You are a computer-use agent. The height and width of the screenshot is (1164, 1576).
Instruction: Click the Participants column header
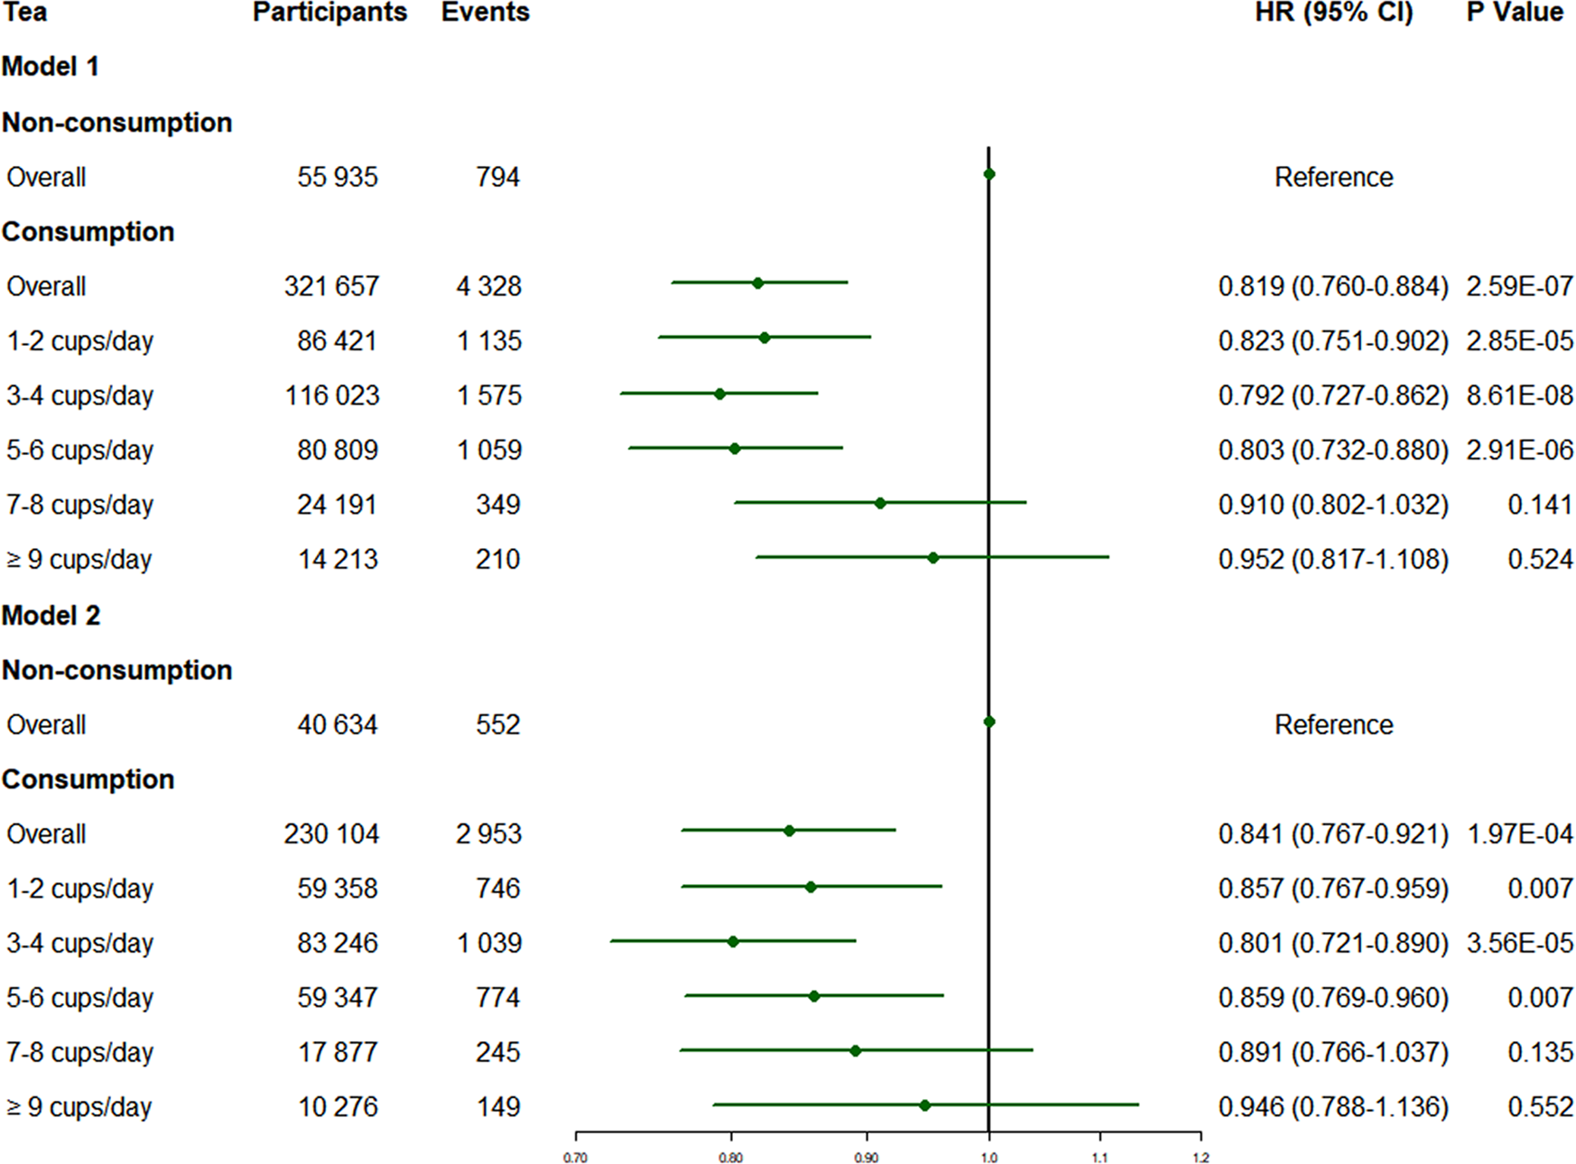click(329, 13)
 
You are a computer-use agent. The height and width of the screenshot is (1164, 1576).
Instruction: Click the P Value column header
click(1514, 13)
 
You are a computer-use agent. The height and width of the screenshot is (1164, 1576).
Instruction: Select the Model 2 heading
click(51, 616)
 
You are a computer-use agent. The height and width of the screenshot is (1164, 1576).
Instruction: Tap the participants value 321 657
click(331, 287)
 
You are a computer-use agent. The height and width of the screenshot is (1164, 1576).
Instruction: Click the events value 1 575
click(488, 396)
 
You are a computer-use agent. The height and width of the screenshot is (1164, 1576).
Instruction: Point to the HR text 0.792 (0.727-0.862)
click(1332, 396)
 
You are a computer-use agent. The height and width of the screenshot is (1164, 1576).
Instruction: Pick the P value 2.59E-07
click(1519, 287)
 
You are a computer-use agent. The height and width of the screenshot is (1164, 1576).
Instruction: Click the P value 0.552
click(1540, 1107)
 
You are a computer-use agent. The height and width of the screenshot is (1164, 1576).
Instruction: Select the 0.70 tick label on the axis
click(575, 1158)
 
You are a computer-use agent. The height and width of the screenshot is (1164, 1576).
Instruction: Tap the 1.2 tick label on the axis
click(1201, 1158)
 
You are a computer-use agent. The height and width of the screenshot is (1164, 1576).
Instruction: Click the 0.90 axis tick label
click(867, 1158)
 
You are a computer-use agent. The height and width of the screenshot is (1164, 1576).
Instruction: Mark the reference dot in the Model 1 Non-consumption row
click(989, 174)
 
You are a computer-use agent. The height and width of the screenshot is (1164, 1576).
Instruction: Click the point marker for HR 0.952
click(933, 558)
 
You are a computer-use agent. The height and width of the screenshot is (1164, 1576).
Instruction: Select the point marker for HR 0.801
click(733, 942)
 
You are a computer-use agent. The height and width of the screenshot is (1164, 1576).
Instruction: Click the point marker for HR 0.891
click(856, 1051)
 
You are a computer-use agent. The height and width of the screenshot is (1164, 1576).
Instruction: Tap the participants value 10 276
click(338, 1107)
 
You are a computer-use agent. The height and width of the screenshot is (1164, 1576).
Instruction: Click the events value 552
click(497, 725)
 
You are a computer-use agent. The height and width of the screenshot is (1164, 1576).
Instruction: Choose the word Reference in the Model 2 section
click(1333, 725)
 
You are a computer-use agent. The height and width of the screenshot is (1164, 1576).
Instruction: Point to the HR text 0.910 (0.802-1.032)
click(1332, 506)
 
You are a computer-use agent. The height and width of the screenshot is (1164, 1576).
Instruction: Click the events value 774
click(497, 998)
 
